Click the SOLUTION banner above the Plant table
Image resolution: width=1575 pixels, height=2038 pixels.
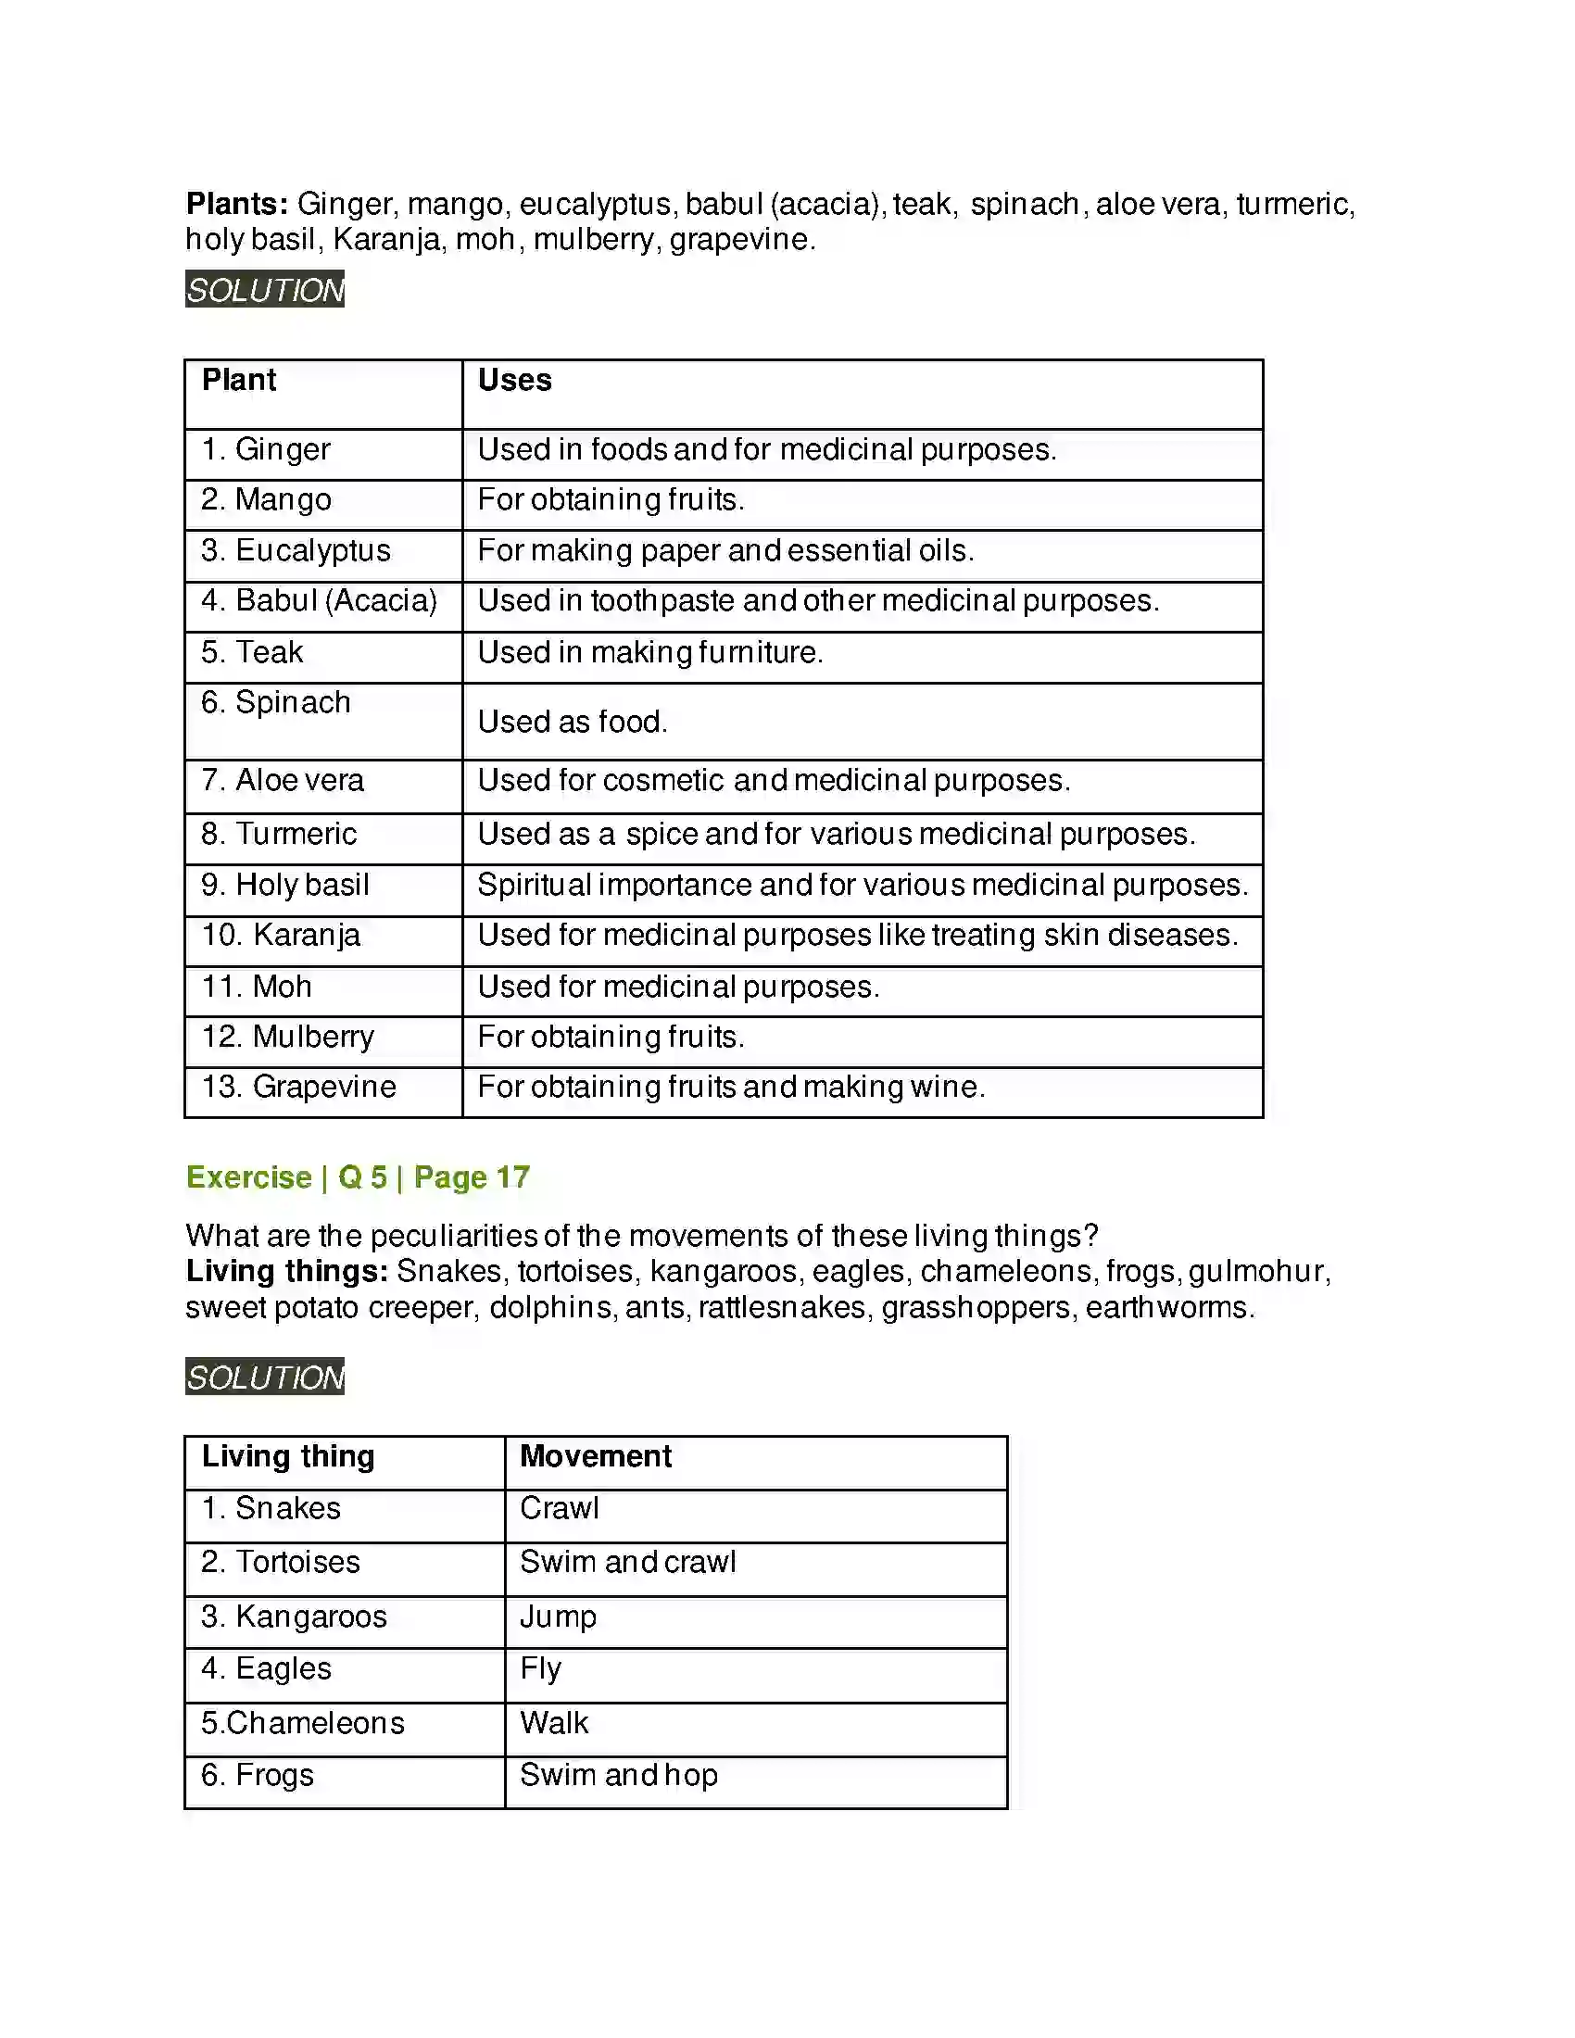264,289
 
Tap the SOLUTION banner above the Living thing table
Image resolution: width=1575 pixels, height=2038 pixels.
264,1377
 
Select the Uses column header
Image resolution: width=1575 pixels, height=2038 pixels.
514,381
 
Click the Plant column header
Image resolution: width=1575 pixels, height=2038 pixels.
239,381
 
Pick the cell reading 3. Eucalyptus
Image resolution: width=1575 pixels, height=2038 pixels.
296,550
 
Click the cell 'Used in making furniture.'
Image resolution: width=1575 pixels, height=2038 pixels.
650,652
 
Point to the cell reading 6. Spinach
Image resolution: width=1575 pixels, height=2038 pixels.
276,703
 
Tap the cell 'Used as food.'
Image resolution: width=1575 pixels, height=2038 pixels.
572,722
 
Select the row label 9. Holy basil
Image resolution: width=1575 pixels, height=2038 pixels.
285,885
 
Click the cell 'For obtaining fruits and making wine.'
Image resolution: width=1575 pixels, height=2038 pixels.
732,1088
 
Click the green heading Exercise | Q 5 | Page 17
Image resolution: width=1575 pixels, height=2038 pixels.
358,1177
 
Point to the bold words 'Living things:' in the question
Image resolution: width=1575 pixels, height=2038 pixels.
286,1271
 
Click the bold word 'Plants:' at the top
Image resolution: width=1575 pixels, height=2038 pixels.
237,204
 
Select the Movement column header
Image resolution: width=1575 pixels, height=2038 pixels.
596,1455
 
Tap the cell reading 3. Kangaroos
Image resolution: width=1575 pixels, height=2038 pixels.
294,1617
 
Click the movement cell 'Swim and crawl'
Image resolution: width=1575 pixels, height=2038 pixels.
628,1562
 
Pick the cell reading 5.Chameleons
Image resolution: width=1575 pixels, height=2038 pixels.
302,1723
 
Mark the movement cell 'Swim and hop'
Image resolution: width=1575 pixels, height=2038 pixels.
619,1775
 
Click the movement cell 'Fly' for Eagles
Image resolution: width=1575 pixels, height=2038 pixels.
540,1668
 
